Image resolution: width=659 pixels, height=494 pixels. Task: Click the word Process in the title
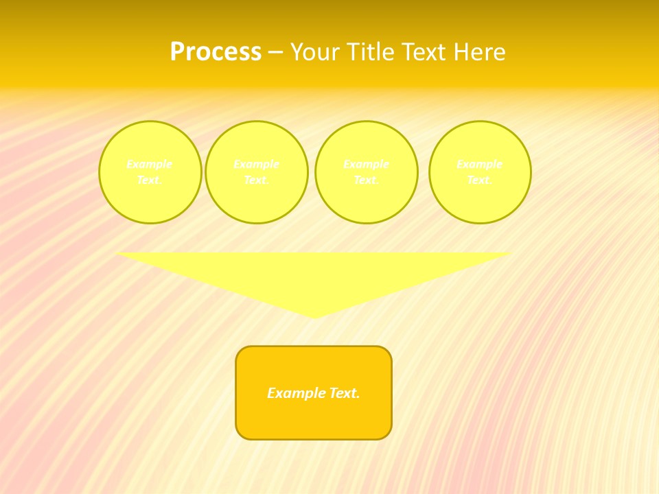tap(216, 52)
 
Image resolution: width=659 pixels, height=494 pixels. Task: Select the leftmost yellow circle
tap(150, 172)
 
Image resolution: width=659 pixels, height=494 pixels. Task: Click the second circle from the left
tap(256, 172)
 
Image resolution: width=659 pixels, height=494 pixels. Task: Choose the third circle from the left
tap(366, 172)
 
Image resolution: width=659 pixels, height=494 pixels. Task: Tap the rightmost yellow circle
tap(480, 172)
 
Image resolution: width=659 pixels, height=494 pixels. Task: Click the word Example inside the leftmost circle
tap(150, 164)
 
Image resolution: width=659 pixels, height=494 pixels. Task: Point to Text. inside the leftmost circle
tap(150, 180)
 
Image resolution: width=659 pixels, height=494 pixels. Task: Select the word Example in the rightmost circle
tap(480, 164)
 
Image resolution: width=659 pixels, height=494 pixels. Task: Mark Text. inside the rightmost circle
tap(480, 180)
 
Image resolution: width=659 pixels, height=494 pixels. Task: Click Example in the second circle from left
tap(256, 164)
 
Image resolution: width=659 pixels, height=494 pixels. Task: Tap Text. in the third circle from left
tap(366, 180)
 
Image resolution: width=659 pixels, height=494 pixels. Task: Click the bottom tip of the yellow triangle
tap(314, 316)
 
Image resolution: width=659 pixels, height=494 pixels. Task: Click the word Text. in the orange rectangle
tap(344, 393)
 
